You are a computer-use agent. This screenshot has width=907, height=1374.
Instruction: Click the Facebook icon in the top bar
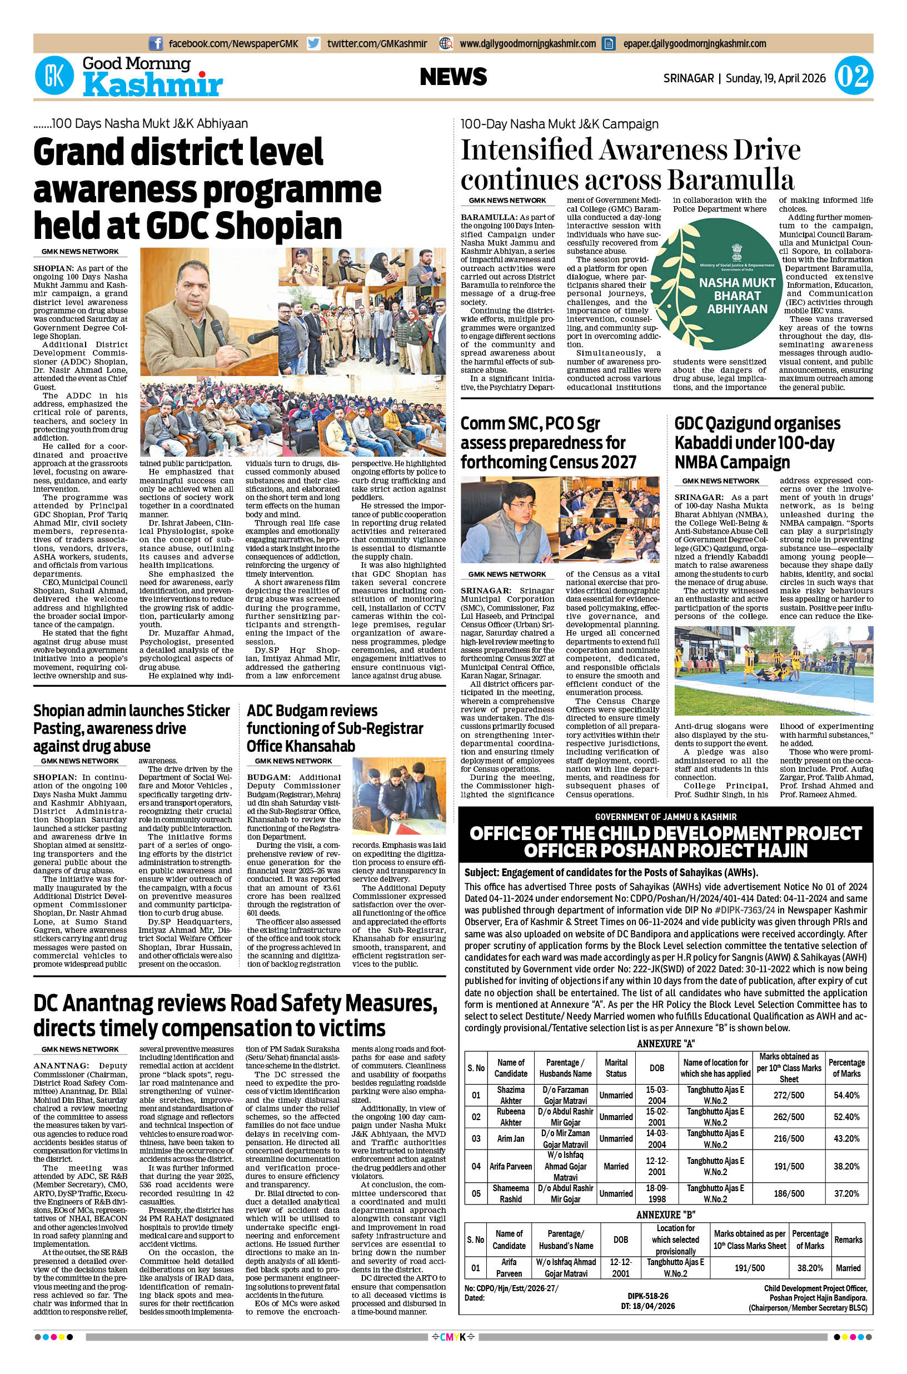coord(156,43)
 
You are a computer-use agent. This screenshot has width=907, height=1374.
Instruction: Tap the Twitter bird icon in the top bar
coord(313,43)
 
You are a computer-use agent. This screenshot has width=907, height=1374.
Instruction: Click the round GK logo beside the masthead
coord(54,76)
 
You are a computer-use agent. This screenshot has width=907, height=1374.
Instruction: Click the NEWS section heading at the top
coord(453,77)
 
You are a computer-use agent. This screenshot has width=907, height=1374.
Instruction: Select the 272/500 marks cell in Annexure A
coord(789,1095)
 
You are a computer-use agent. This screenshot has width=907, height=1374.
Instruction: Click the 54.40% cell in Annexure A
coord(846,1095)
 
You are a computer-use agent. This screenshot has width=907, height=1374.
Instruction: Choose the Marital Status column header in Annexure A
coord(615,1067)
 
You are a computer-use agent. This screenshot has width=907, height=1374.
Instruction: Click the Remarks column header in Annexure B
coord(848,1239)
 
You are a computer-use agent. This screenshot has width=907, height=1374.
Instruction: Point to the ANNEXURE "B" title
coord(665,1215)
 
